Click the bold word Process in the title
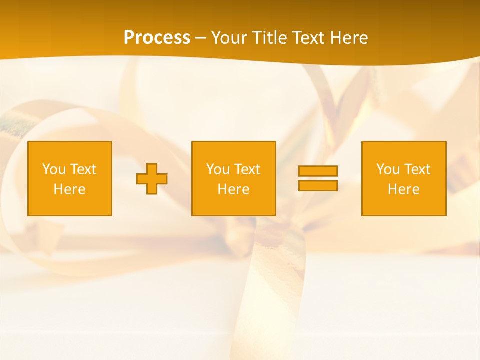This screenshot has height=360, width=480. [x=157, y=37]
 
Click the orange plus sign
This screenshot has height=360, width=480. [x=152, y=179]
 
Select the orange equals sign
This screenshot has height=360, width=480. [x=318, y=178]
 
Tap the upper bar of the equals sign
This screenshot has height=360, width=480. [x=318, y=171]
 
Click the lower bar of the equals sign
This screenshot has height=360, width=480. [x=318, y=185]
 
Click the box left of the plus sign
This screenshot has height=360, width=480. [x=70, y=178]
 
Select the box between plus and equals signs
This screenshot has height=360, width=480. [x=233, y=178]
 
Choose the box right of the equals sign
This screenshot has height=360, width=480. [x=404, y=178]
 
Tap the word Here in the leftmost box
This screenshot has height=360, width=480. [x=70, y=189]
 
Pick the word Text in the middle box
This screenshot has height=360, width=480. [x=246, y=169]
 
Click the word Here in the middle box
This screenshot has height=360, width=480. [x=233, y=189]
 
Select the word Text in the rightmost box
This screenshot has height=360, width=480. [x=416, y=169]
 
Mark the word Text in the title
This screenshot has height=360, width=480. [x=309, y=37]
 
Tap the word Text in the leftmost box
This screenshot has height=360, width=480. [x=82, y=169]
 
